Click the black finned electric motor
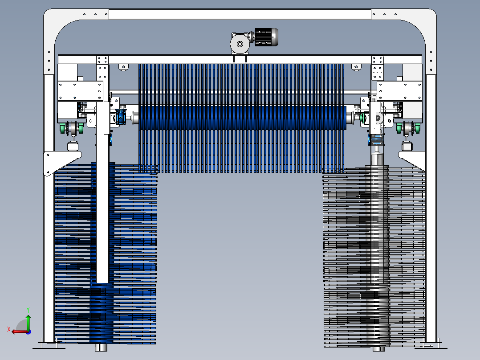[266, 37]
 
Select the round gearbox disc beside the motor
[240, 44]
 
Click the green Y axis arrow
[28, 322]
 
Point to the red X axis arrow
[20, 331]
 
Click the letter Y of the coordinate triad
[28, 310]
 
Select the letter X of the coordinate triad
[9, 329]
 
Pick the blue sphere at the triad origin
[28, 332]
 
